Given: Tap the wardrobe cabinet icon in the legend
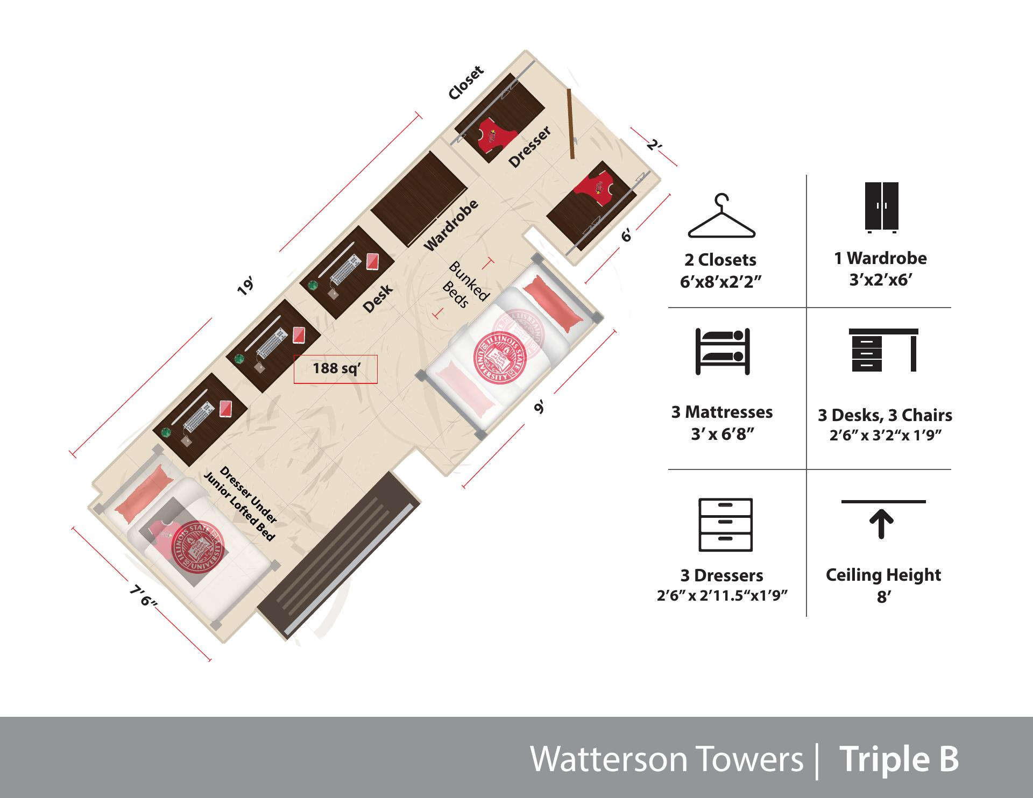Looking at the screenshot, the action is [x=882, y=208].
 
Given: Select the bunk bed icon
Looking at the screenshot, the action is [x=723, y=351].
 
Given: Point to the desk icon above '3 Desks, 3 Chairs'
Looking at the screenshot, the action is [x=883, y=350].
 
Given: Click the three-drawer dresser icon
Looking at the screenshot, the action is [x=725, y=525].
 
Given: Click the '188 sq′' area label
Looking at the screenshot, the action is [x=336, y=368].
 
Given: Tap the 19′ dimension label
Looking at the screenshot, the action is [x=245, y=286].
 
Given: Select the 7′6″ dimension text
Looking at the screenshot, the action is [x=143, y=595].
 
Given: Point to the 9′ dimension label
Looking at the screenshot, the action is [x=540, y=406].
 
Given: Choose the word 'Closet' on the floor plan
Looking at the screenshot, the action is [x=466, y=83].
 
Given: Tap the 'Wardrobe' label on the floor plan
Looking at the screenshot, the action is [x=451, y=225].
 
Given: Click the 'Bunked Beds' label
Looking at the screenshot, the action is [x=464, y=285].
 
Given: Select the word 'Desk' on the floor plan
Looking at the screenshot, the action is [x=378, y=299].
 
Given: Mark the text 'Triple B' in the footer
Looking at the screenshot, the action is [x=898, y=759].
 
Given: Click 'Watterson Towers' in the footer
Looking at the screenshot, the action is [x=667, y=759].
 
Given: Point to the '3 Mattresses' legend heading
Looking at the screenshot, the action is [x=722, y=412].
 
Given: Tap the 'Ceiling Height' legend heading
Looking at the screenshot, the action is [x=883, y=575].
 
